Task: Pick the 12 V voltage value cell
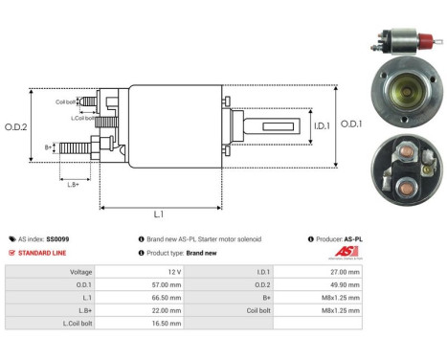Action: (x=173, y=272)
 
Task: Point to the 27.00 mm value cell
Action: (x=344, y=272)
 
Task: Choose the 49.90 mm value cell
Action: (x=344, y=284)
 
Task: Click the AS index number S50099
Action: (x=57, y=238)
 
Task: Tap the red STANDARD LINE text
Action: (x=44, y=253)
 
